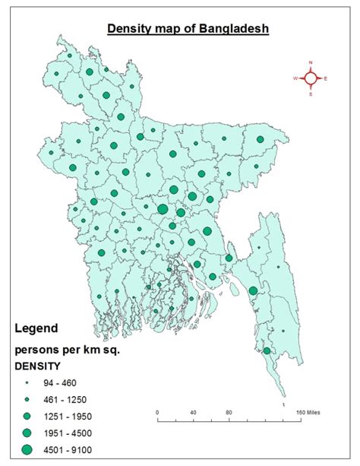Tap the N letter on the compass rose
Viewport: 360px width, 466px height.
(x=311, y=62)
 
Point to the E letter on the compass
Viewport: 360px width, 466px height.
(x=326, y=78)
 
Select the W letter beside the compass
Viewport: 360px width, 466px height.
(x=295, y=78)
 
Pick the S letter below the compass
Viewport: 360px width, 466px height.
(x=311, y=94)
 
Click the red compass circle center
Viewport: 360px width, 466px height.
(x=311, y=78)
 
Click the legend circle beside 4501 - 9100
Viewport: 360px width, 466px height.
(x=27, y=449)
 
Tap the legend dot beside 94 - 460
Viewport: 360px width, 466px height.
(x=27, y=383)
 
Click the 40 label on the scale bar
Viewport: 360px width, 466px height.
(x=193, y=412)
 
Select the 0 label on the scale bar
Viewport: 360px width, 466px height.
(x=157, y=412)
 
